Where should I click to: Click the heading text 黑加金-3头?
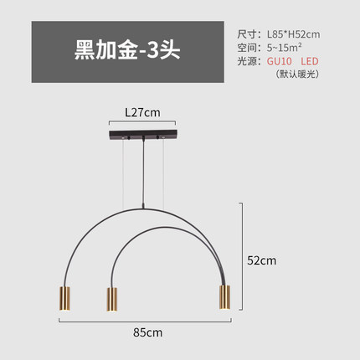tap(127, 51)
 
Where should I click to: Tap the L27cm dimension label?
tap(142, 112)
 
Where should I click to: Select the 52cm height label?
tap(262, 260)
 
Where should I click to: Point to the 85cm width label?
tap(147, 332)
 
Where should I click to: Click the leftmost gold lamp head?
tap(64, 299)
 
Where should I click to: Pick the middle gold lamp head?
tap(111, 299)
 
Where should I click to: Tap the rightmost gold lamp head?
tap(224, 297)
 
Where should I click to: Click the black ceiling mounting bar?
tap(143, 135)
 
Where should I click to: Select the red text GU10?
tap(280, 61)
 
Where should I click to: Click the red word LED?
tap(310, 61)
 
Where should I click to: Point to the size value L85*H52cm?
tap(294, 34)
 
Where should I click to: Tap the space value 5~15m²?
tap(284, 48)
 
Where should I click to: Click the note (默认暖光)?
tap(297, 74)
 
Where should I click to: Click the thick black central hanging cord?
tap(144, 173)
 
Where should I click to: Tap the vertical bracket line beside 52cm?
tap(242, 256)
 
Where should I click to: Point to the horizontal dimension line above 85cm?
tap(145, 321)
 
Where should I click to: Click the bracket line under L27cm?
tap(142, 121)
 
